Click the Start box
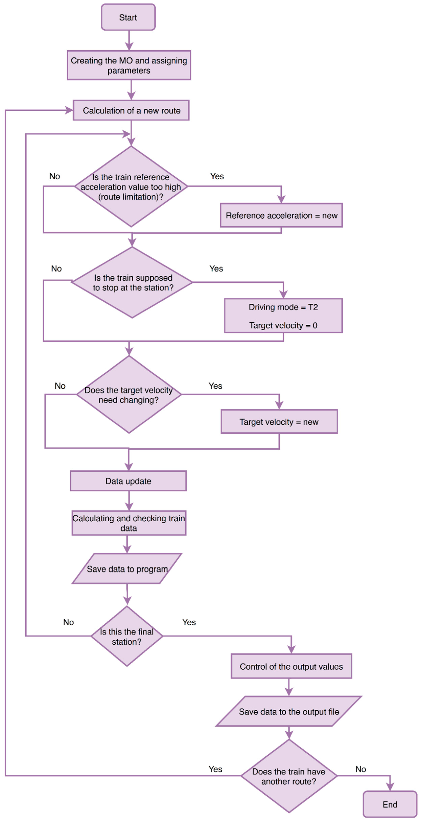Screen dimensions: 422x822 pyautogui.click(x=128, y=17)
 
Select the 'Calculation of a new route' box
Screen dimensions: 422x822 pyautogui.click(x=131, y=110)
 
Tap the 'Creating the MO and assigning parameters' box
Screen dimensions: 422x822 pyautogui.click(x=129, y=65)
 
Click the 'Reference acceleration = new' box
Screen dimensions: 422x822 pyautogui.click(x=281, y=215)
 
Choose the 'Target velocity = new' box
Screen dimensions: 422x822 pyautogui.click(x=279, y=421)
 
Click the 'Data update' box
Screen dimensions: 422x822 pyautogui.click(x=128, y=481)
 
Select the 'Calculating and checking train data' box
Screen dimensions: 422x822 pyautogui.click(x=129, y=523)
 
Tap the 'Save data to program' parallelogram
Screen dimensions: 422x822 pyautogui.click(x=127, y=569)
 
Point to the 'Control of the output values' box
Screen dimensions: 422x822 pyautogui.click(x=291, y=666)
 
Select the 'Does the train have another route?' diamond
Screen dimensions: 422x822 pyautogui.click(x=289, y=776)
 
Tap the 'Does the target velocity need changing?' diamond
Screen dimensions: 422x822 pyautogui.click(x=129, y=394)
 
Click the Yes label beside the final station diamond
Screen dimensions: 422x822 pyautogui.click(x=189, y=622)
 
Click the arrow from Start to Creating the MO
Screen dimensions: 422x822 pyautogui.click(x=129, y=40)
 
